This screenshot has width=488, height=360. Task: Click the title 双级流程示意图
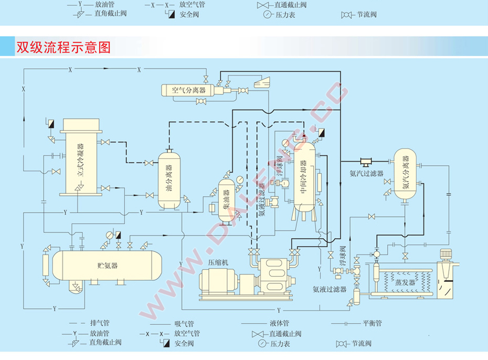tap(63, 47)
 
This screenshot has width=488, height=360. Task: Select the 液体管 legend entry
tap(280, 323)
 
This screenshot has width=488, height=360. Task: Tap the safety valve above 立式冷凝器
tap(51, 125)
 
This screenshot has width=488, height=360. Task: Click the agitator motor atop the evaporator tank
tap(447, 254)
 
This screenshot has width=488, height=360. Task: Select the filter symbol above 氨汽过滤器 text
tap(366, 160)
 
